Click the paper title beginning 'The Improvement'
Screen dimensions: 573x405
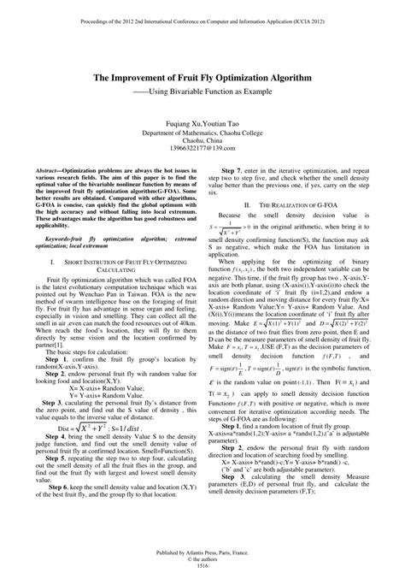202,77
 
